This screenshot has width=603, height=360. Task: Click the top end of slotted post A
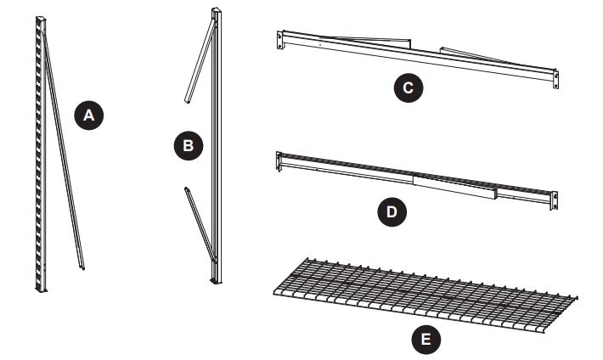tap(37, 20)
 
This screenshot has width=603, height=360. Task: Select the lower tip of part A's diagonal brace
tap(82, 271)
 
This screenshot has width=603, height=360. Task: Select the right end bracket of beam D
tap(555, 199)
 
